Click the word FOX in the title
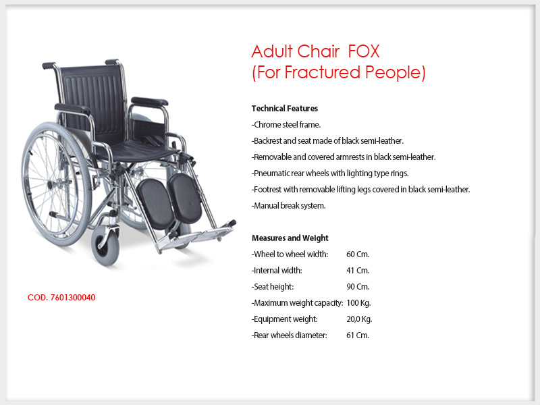(364, 51)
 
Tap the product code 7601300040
(73, 298)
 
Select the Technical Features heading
(284, 109)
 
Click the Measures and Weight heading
(290, 238)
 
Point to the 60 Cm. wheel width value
(358, 254)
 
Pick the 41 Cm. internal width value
(358, 271)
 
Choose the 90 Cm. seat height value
(358, 286)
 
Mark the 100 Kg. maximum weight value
(358, 303)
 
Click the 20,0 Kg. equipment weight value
(359, 319)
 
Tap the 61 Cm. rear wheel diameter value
(358, 335)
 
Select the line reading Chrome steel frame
(286, 125)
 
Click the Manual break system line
(289, 206)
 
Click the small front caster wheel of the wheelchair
(105, 246)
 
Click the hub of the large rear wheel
(51, 185)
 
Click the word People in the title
(396, 72)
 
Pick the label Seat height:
(273, 286)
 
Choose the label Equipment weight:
(284, 319)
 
